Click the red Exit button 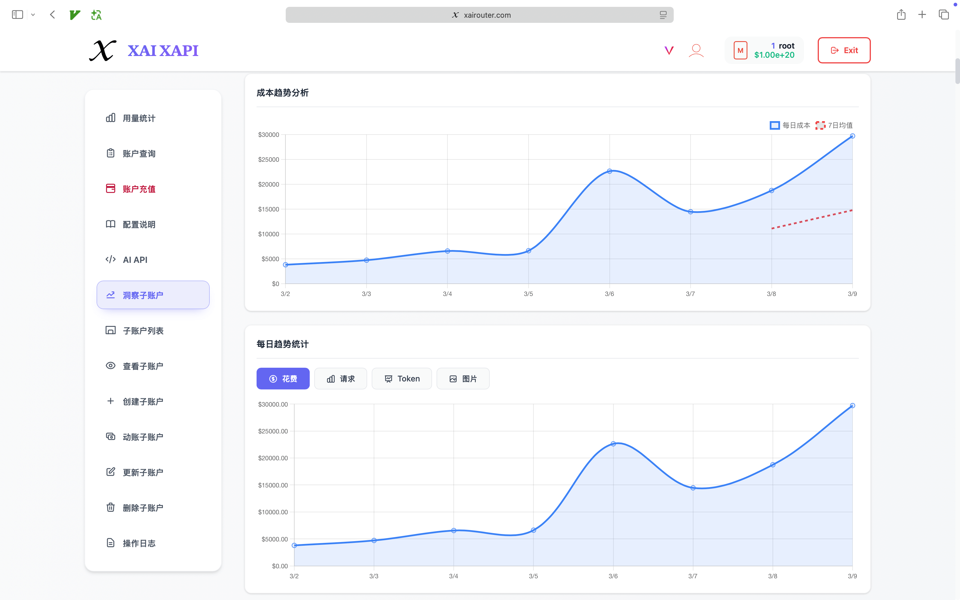tap(844, 50)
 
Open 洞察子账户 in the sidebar tap(153, 295)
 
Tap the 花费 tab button tap(283, 379)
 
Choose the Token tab tap(401, 379)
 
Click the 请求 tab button tap(340, 379)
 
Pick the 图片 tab tap(463, 379)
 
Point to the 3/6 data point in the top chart tap(609, 171)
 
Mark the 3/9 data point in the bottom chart tap(852, 405)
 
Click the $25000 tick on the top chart tap(269, 159)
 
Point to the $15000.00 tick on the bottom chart tap(273, 485)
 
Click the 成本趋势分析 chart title tap(283, 93)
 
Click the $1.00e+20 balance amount tap(774, 55)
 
